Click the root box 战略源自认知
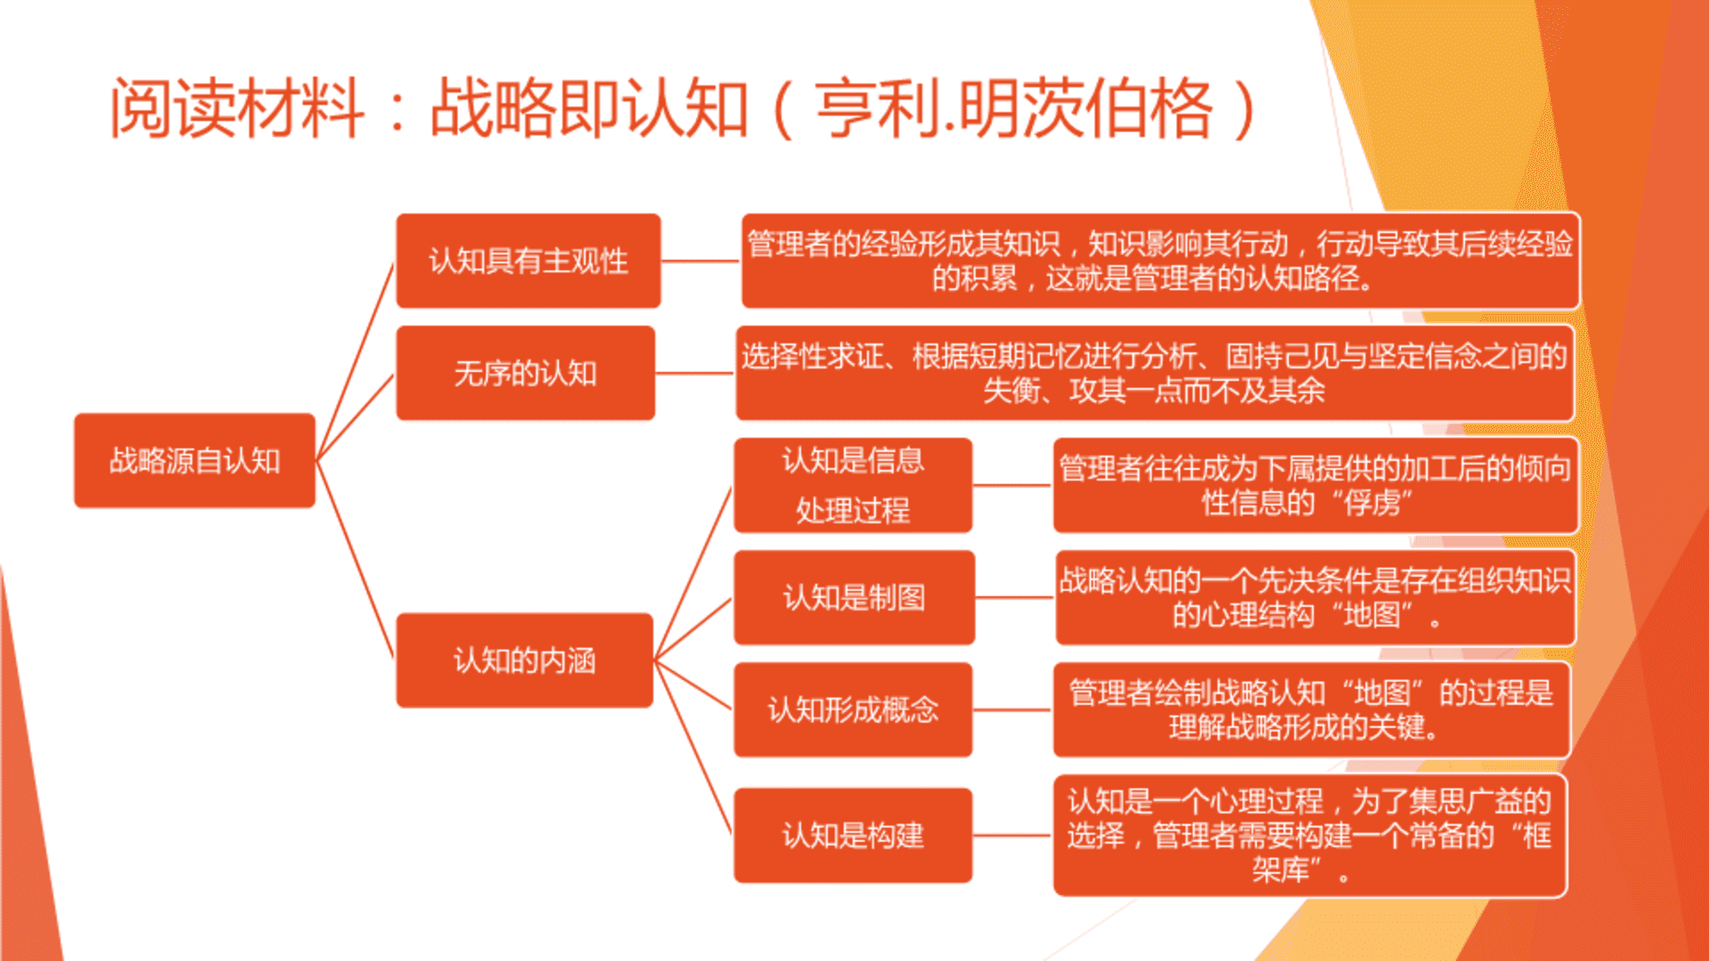[x=195, y=460]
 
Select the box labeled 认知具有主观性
[x=529, y=261]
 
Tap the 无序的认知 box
[x=526, y=373]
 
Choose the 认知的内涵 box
[x=525, y=660]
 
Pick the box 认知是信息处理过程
[x=854, y=485]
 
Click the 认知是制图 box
[x=854, y=597]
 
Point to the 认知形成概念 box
[x=854, y=710]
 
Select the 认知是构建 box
[x=854, y=836]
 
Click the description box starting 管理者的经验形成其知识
[x=1161, y=261]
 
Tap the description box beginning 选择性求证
[x=1155, y=373]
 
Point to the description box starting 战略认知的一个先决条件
[x=1316, y=597]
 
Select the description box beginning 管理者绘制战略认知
[x=1311, y=710]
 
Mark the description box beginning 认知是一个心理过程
[x=1310, y=836]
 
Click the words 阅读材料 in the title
[x=237, y=109]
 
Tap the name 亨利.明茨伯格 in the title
[x=1015, y=109]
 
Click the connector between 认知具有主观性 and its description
[x=701, y=261]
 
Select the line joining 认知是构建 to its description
[x=1013, y=836]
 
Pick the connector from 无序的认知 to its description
[x=695, y=373]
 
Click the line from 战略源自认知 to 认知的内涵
[x=355, y=559]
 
